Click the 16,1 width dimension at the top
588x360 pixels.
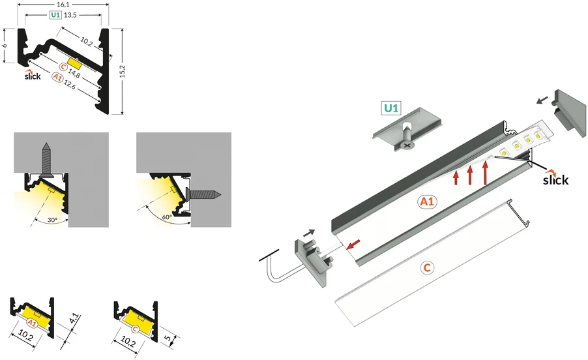(x=63, y=5)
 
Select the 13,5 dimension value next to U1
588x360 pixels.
(x=70, y=15)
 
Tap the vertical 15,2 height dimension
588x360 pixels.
(x=123, y=71)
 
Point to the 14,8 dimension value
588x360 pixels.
(x=74, y=73)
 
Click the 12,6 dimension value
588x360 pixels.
(x=70, y=84)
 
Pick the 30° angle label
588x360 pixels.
(x=53, y=220)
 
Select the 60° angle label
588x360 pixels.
(x=167, y=217)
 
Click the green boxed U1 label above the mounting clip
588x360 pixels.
(x=391, y=108)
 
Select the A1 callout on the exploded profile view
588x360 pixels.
(x=427, y=202)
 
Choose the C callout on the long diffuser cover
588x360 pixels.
(x=427, y=268)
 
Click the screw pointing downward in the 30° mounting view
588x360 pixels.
(x=46, y=159)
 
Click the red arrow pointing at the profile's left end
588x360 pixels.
(x=353, y=244)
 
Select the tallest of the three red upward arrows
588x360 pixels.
(x=485, y=172)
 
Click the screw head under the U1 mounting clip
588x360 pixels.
(x=406, y=144)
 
